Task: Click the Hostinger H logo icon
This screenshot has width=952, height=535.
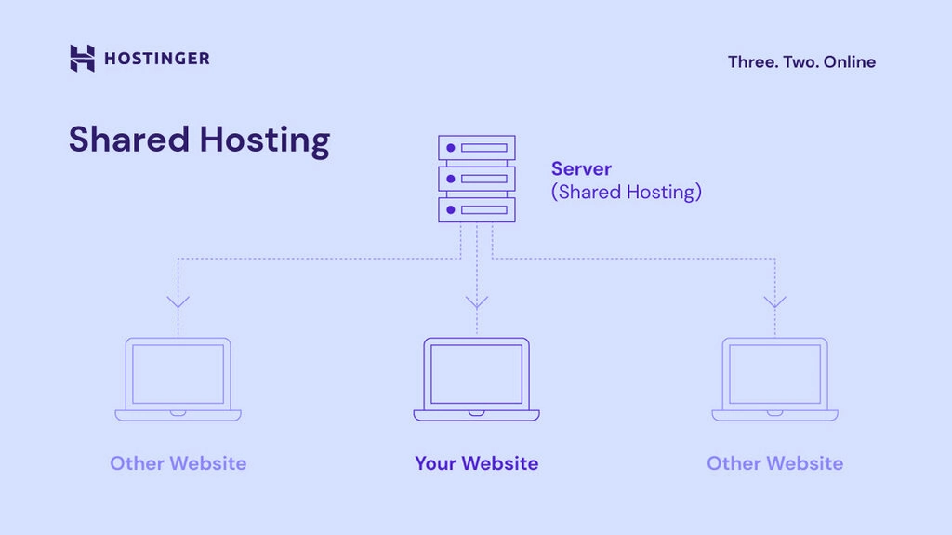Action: click(82, 59)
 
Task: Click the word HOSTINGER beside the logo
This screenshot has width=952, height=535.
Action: click(156, 59)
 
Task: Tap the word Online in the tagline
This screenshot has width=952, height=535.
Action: click(850, 62)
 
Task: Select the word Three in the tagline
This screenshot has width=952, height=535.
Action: click(752, 62)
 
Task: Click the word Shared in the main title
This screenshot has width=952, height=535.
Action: click(126, 140)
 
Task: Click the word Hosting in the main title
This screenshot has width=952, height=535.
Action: click(265, 140)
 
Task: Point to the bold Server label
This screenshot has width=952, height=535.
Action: click(581, 169)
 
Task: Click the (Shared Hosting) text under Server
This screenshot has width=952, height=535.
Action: click(626, 193)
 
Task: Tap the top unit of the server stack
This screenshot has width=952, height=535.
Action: click(477, 148)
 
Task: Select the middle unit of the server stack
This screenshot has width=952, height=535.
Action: click(477, 179)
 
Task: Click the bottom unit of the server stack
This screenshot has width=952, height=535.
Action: click(477, 209)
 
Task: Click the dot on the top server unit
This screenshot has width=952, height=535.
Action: click(451, 148)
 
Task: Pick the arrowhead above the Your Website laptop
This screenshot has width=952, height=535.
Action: click(477, 301)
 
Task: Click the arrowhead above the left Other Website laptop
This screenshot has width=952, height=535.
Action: click(178, 301)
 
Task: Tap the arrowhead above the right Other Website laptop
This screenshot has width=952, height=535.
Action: click(774, 301)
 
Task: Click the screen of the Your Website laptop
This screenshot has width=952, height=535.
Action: click(477, 373)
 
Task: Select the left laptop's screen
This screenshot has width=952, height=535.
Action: click(178, 373)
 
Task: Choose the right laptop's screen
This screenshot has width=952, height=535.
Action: click(774, 373)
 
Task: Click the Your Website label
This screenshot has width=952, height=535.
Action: click(476, 463)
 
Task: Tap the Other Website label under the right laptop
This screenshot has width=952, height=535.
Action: click(774, 463)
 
